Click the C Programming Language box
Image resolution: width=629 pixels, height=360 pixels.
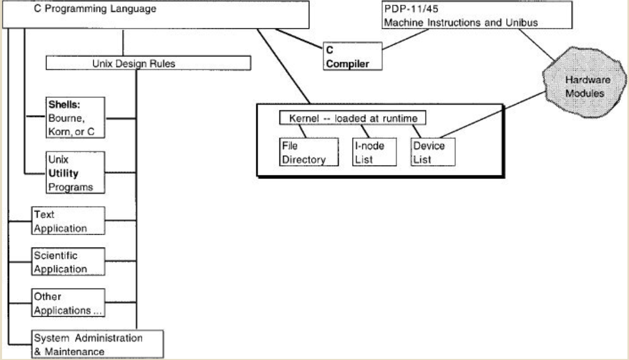click(x=155, y=14)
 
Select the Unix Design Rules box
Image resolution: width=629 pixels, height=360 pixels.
click(x=148, y=63)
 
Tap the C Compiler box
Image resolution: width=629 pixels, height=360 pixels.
click(x=353, y=57)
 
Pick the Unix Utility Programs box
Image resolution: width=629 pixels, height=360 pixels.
click(x=76, y=173)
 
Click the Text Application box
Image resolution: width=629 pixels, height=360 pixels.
click(x=68, y=221)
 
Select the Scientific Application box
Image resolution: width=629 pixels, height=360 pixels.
click(x=68, y=262)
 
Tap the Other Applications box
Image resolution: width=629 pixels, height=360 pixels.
click(x=68, y=303)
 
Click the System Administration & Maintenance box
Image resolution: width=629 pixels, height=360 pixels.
click(x=97, y=345)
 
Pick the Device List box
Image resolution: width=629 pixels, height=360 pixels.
click(x=433, y=152)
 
